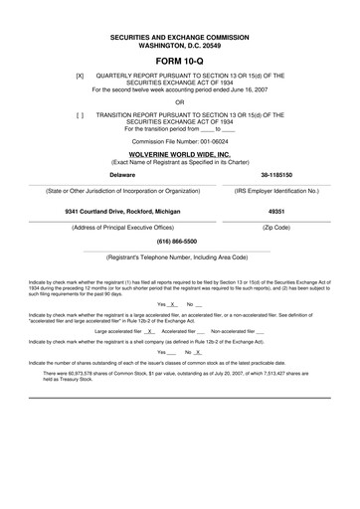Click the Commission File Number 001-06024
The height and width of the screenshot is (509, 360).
click(179, 142)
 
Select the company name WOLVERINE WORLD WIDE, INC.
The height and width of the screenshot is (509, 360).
click(179, 156)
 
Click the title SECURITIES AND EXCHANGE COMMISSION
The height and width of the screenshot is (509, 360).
click(179, 36)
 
